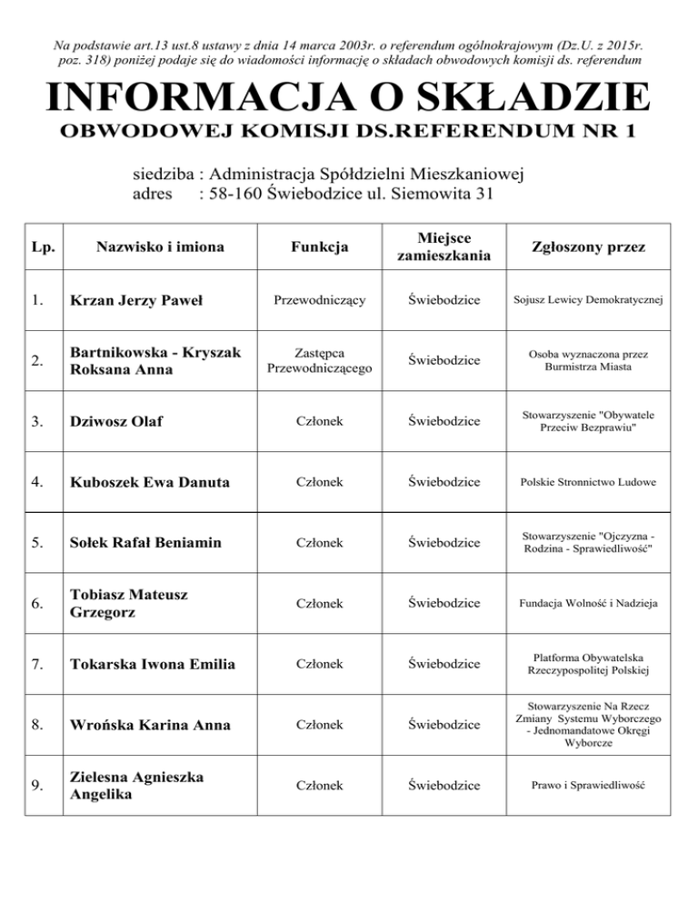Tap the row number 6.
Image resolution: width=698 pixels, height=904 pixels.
pyautogui.click(x=35, y=603)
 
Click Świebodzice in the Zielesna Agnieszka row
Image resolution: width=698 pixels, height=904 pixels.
pyautogui.click(x=444, y=784)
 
